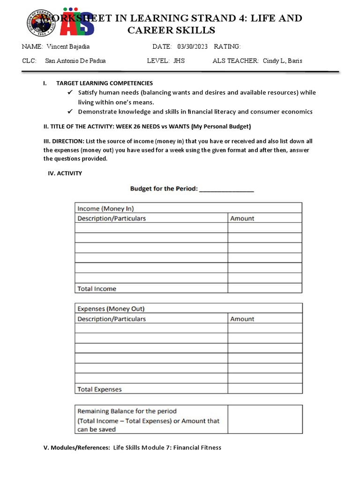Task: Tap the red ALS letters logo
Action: (79, 23)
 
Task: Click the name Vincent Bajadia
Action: (68, 46)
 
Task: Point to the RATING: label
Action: (227, 46)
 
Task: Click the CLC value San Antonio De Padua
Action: (75, 61)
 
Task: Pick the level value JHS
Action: (179, 61)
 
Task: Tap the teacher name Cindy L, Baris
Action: (283, 61)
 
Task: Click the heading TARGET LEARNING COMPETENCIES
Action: (105, 83)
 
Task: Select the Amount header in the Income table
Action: (242, 218)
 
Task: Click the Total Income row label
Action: (97, 289)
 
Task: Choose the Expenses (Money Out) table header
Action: (111, 309)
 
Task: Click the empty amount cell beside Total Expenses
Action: (265, 389)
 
